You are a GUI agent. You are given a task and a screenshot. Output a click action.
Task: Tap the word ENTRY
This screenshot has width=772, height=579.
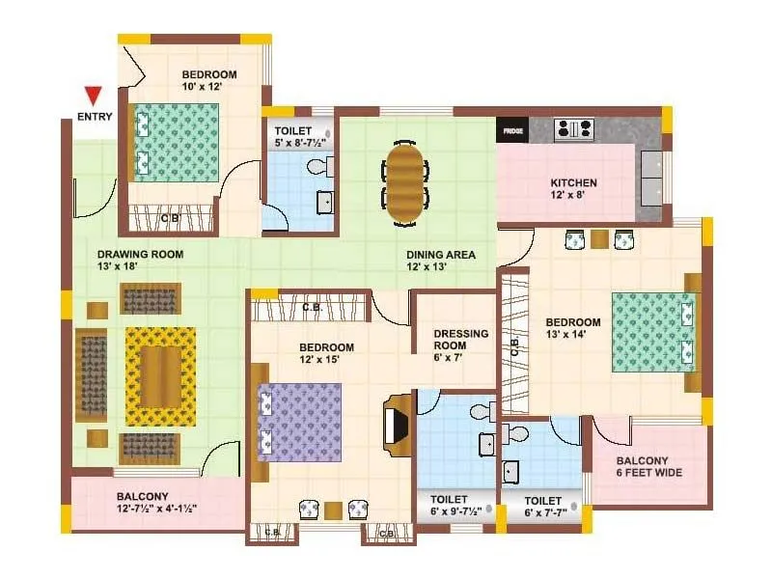(x=94, y=118)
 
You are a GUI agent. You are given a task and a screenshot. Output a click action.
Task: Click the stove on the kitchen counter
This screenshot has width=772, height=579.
(x=574, y=128)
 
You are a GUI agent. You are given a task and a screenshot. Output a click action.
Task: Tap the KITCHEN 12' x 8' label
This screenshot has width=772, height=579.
(x=573, y=188)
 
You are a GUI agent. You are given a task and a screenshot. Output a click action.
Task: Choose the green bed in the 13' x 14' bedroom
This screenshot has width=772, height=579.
(x=653, y=331)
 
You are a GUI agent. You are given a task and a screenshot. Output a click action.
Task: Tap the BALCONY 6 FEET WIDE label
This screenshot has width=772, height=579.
(x=649, y=467)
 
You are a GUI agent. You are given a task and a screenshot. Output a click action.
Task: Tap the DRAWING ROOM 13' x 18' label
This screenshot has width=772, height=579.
(x=140, y=261)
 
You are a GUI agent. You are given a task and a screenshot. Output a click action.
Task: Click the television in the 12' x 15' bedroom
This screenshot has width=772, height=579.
(x=395, y=422)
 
